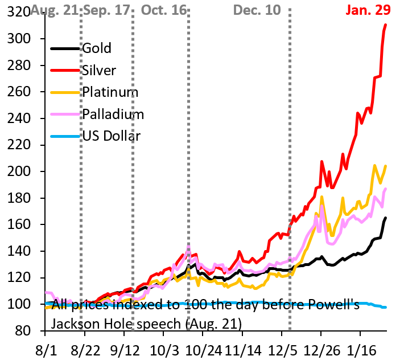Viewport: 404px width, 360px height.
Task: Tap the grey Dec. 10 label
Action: [257, 10]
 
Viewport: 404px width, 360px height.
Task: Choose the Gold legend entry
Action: [97, 47]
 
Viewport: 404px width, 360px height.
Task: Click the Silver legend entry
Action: [99, 70]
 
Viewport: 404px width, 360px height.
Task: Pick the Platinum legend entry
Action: [110, 92]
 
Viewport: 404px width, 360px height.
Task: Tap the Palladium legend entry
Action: [113, 114]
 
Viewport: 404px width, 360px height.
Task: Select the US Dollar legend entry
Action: [111, 136]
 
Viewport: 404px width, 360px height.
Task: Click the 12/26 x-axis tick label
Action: [321, 348]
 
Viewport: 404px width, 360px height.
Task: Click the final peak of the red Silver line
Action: [386, 24]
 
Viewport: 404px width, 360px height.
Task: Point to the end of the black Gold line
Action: [386, 218]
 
